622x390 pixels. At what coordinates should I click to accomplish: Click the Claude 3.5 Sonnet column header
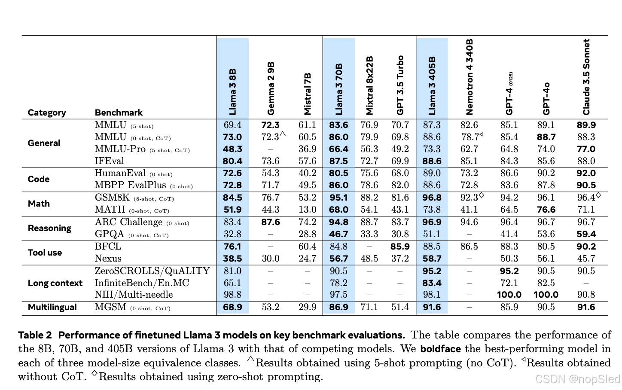pyautogui.click(x=586, y=77)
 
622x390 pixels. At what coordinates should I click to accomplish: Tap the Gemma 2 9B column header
pyautogui.click(x=271, y=88)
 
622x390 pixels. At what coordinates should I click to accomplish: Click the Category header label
pyautogui.click(x=47, y=113)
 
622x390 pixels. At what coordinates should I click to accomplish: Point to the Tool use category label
pyautogui.click(x=45, y=253)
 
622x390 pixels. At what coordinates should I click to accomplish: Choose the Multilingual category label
pyautogui.click(x=52, y=307)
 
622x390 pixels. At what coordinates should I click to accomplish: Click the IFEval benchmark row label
pyautogui.click(x=109, y=161)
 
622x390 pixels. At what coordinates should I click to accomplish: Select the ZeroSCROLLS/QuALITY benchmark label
pyautogui.click(x=152, y=271)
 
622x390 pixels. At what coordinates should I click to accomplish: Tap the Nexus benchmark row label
pyautogui.click(x=108, y=259)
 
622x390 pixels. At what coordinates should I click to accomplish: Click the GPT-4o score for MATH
pyautogui.click(x=546, y=210)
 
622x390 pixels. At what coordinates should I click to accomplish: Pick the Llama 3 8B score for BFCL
pyautogui.click(x=232, y=247)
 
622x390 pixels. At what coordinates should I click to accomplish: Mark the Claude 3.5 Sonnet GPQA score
pyautogui.click(x=586, y=234)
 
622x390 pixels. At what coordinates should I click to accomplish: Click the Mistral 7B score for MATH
pyautogui.click(x=307, y=210)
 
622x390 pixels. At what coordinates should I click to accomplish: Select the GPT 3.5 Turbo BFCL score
pyautogui.click(x=400, y=247)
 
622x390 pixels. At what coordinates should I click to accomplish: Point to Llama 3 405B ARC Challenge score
pyautogui.click(x=432, y=222)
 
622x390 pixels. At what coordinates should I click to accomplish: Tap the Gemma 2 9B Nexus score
pyautogui.click(x=271, y=259)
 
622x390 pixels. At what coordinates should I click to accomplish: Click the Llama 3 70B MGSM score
pyautogui.click(x=338, y=307)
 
